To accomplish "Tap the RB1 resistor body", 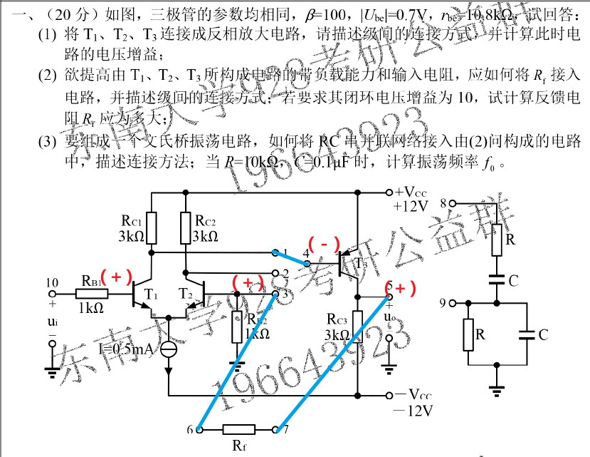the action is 92,294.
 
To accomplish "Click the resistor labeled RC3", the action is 357,327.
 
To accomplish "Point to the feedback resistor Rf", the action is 237,429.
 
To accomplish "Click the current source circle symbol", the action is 169,349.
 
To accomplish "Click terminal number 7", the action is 276,429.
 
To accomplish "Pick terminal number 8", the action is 451,204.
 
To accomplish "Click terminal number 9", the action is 451,304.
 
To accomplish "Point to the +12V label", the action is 409,207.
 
